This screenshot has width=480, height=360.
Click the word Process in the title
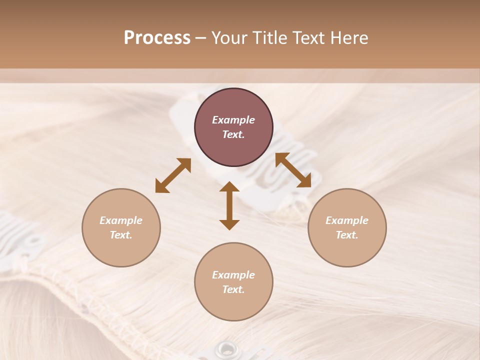click(157, 38)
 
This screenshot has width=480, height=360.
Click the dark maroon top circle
click(233, 127)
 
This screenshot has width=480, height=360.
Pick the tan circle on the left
click(121, 227)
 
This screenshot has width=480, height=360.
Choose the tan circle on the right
click(347, 227)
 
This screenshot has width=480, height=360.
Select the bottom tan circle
click(233, 281)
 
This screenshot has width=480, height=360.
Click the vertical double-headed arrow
click(229, 206)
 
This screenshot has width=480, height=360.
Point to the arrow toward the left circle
click(173, 175)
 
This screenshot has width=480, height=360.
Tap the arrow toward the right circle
click(293, 170)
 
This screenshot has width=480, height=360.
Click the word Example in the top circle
click(233, 120)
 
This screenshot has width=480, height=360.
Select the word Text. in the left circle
click(121, 235)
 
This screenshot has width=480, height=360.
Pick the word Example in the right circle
click(347, 220)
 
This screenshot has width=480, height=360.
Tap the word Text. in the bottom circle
click(233, 289)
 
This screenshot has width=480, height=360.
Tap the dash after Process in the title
click(200, 38)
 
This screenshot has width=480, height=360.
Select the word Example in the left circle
click(121, 220)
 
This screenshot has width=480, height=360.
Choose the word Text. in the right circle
click(347, 235)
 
